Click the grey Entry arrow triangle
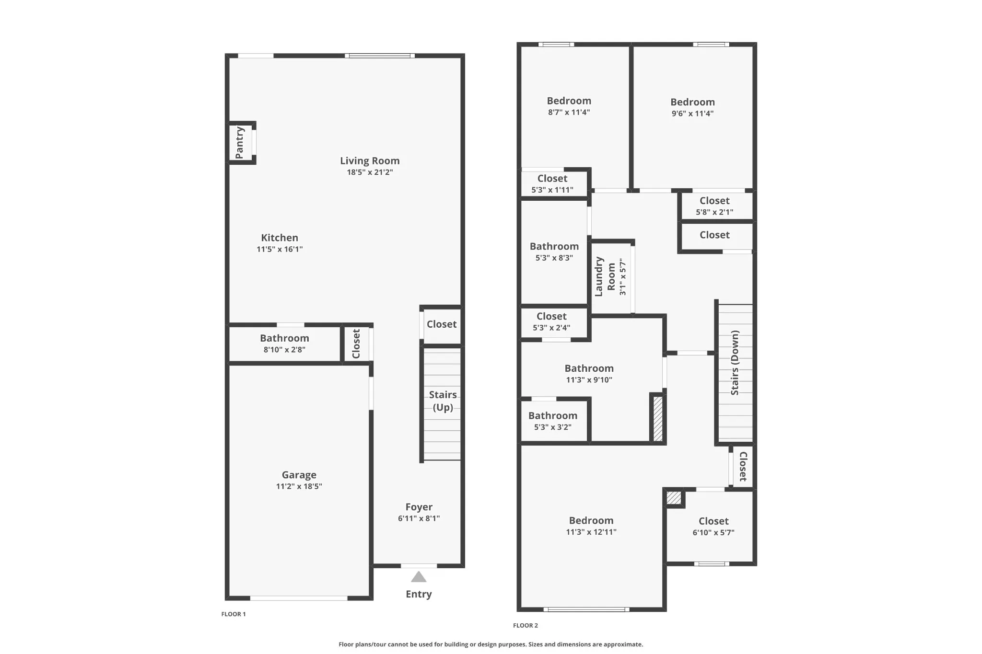click(x=419, y=577)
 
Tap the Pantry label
click(x=240, y=143)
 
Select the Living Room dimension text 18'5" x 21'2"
click(x=370, y=172)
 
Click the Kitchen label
click(x=280, y=238)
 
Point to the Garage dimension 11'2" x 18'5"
click(x=299, y=486)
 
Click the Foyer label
click(x=419, y=507)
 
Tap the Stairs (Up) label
click(x=443, y=401)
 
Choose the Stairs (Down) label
click(x=735, y=363)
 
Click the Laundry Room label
click(x=605, y=276)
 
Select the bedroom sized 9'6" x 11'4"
click(x=692, y=107)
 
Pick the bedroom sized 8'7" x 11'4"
click(x=569, y=106)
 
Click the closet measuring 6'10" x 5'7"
click(x=713, y=526)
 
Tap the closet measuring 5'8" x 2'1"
click(x=714, y=206)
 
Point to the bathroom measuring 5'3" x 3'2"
click(x=553, y=421)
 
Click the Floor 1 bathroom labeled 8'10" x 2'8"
click(x=284, y=343)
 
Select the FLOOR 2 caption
click(x=526, y=625)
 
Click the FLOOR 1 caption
click(x=234, y=614)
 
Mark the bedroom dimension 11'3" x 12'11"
click(x=591, y=532)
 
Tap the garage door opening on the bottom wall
click(x=299, y=598)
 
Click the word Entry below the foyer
click(x=419, y=594)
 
